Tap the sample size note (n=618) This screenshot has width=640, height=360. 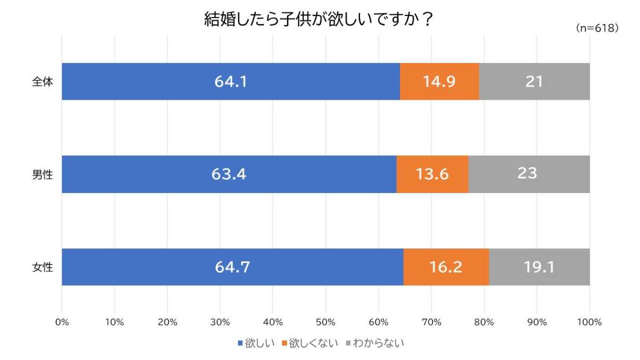pyautogui.click(x=597, y=28)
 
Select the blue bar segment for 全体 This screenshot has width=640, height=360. pyautogui.click(x=231, y=82)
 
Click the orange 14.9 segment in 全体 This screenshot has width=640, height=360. pyautogui.click(x=439, y=82)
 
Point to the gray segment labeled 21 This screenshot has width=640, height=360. pyautogui.click(x=534, y=82)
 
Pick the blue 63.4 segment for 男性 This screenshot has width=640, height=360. pyautogui.click(x=229, y=174)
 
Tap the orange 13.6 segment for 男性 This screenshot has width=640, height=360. pyautogui.click(x=432, y=174)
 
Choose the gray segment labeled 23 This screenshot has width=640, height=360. pyautogui.click(x=529, y=174)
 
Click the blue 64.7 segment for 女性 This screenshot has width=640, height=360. pyautogui.click(x=233, y=267)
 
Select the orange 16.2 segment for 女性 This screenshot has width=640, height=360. pyautogui.click(x=446, y=267)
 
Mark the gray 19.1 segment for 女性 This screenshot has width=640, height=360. pyautogui.click(x=539, y=267)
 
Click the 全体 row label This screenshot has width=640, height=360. pyautogui.click(x=43, y=82)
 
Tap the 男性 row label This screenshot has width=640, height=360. pyautogui.click(x=43, y=174)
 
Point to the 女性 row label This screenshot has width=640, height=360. pyautogui.click(x=43, y=267)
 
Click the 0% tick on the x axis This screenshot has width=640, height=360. pyautogui.click(x=62, y=322)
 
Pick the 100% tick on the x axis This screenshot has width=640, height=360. pyautogui.click(x=589, y=322)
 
